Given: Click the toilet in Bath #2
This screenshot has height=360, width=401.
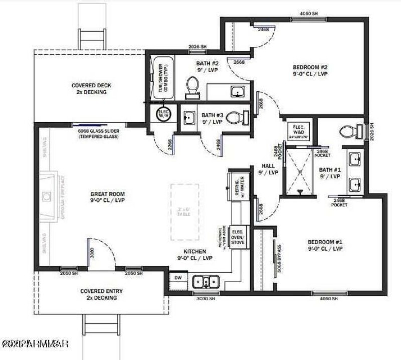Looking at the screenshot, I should pos(192,87).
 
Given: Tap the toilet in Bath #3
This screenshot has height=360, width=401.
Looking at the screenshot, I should pos(236,118).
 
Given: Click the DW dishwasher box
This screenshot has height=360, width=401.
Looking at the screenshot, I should pos(178,277).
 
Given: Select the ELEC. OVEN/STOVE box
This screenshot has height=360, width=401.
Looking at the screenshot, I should pos(238,237).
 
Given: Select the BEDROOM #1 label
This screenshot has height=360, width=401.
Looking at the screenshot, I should pos(325,245).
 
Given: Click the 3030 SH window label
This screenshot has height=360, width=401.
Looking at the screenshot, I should pos(205,298).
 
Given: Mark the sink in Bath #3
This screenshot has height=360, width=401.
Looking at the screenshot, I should pos(189,118).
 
